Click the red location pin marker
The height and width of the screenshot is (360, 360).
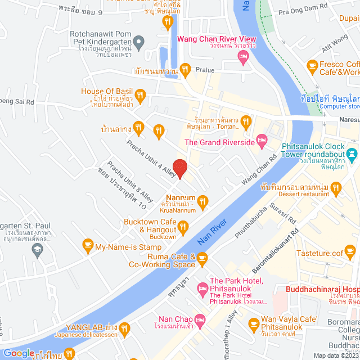click(x=179, y=168)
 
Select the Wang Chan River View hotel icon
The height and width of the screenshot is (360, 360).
click(x=243, y=55)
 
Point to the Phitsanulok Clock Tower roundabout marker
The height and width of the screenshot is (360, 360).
click(x=352, y=152)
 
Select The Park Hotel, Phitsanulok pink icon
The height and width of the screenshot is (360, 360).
click(x=202, y=290)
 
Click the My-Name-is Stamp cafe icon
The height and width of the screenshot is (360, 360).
click(x=87, y=244)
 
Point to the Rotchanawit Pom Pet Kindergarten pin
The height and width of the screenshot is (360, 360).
click(x=140, y=40)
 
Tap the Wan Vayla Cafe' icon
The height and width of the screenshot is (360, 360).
click(x=254, y=324)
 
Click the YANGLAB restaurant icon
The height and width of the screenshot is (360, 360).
click(x=125, y=327)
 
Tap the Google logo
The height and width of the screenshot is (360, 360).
click(x=19, y=353)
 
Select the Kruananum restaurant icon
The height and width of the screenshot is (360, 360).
click(x=203, y=200)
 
